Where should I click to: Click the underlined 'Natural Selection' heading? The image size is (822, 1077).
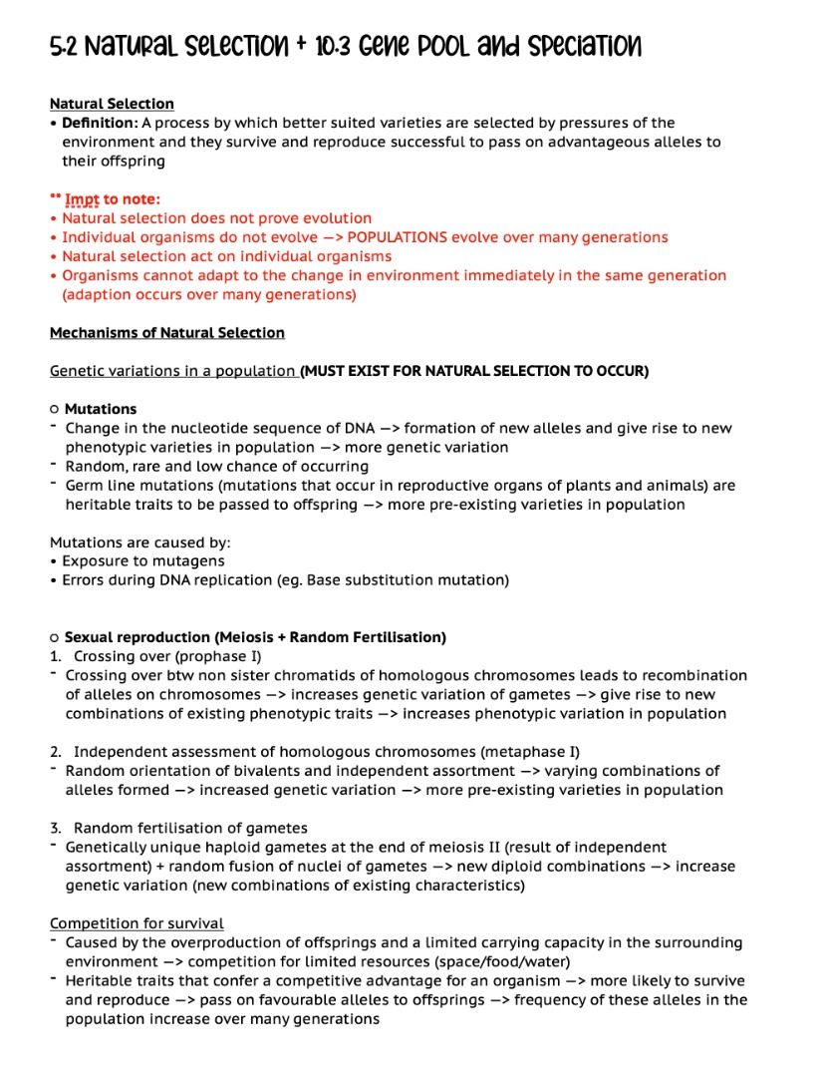(112, 104)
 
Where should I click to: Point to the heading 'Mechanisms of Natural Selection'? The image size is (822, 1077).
(167, 333)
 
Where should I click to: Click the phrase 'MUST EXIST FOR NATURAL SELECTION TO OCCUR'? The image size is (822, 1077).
(474, 371)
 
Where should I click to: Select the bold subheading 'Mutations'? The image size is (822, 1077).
(101, 409)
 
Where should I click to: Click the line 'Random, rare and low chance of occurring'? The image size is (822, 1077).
(216, 466)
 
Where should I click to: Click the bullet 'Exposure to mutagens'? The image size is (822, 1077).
(143, 561)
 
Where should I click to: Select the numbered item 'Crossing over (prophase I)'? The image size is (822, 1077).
(167, 656)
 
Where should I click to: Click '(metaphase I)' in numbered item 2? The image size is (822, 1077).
(532, 752)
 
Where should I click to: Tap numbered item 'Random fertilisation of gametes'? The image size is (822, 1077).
(190, 828)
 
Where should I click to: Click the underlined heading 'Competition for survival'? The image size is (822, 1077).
(137, 923)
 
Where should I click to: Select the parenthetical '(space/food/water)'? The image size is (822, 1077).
(504, 962)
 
